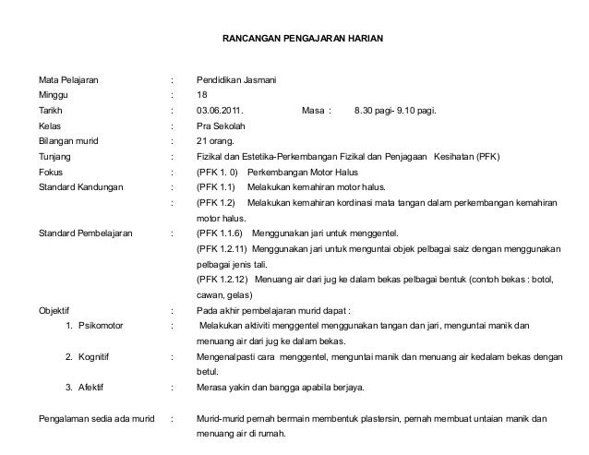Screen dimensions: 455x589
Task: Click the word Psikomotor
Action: (x=107, y=326)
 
